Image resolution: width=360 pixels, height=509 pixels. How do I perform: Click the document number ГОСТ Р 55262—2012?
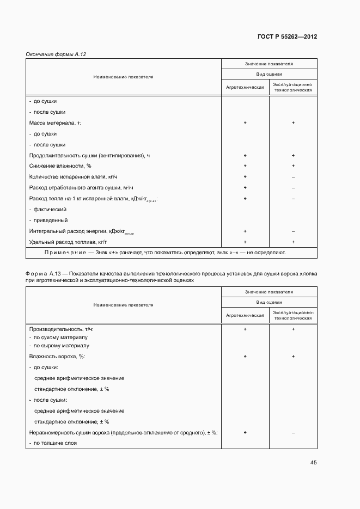point(286,37)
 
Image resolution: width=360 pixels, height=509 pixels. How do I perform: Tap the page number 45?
point(313,463)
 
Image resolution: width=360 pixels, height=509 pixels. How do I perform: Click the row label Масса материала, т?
point(54,123)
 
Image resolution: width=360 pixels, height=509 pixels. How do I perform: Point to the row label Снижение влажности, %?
point(60,166)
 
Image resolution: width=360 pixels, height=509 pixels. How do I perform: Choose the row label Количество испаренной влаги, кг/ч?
point(73,177)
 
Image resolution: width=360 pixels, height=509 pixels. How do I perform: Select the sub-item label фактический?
point(50,210)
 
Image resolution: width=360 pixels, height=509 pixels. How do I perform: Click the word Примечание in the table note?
point(65,253)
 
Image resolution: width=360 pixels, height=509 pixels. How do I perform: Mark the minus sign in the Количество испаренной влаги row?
point(293,177)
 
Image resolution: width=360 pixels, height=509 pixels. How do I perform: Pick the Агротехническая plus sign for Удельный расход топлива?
point(245,242)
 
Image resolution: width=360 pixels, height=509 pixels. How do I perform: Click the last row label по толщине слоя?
point(52,443)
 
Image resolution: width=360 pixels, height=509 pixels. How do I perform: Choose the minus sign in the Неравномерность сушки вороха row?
point(293,432)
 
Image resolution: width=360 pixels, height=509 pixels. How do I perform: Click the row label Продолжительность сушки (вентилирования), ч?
point(89,156)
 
